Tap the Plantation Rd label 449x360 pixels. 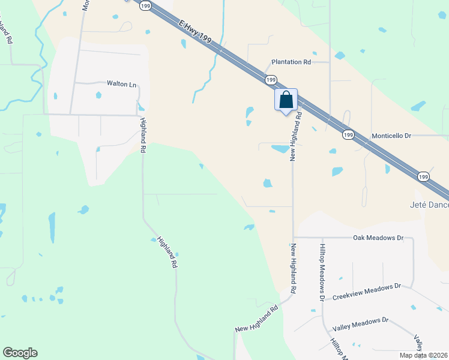click(291, 62)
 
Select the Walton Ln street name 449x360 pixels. click(122, 85)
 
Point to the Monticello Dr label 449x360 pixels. click(391, 136)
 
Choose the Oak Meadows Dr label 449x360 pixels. click(378, 238)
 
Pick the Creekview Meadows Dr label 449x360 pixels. click(366, 292)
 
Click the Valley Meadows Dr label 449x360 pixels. click(361, 325)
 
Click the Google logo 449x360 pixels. click(20, 353)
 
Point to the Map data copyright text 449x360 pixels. click(423, 355)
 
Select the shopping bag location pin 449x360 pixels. click(286, 100)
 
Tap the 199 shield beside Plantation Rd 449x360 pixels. click(271, 79)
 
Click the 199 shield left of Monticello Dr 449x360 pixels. click(348, 135)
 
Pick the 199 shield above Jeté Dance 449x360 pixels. click(423, 176)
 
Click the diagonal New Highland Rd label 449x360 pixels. click(257, 320)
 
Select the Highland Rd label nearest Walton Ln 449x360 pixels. click(143, 127)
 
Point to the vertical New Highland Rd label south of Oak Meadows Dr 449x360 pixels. click(294, 268)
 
